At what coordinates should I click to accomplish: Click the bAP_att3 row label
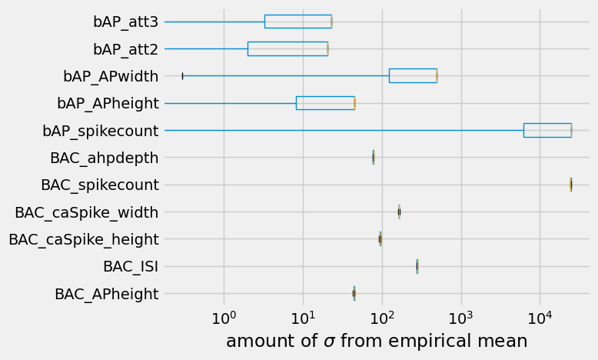tap(125, 22)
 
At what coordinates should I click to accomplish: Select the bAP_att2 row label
tap(125, 49)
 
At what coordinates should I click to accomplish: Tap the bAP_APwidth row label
tap(111, 76)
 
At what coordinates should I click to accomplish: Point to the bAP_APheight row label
tap(108, 103)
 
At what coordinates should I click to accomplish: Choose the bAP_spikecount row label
tap(101, 131)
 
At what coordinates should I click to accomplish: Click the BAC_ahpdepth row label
tap(105, 158)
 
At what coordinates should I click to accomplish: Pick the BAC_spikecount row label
tap(100, 185)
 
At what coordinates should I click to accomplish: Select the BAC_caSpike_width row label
tap(87, 212)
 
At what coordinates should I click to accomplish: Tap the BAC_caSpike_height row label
tap(84, 239)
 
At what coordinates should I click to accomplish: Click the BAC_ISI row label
tap(131, 267)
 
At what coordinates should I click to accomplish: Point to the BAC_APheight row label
tap(107, 294)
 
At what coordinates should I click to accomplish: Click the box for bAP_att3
tap(297, 22)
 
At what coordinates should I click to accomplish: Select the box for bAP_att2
tap(287, 48)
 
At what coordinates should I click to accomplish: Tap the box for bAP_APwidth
tap(413, 75)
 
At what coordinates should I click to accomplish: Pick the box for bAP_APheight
tap(325, 103)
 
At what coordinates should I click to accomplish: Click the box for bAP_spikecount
tap(547, 130)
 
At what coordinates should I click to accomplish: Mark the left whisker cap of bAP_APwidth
tap(182, 75)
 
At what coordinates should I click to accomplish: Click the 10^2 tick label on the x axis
tap(382, 318)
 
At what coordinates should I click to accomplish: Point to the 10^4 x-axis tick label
tap(540, 318)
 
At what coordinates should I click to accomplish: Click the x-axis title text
tap(377, 342)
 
